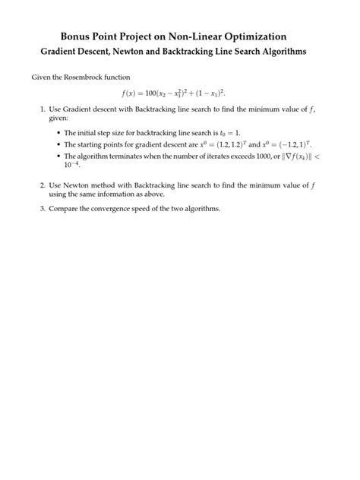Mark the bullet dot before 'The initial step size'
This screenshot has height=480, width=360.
[58, 132]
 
